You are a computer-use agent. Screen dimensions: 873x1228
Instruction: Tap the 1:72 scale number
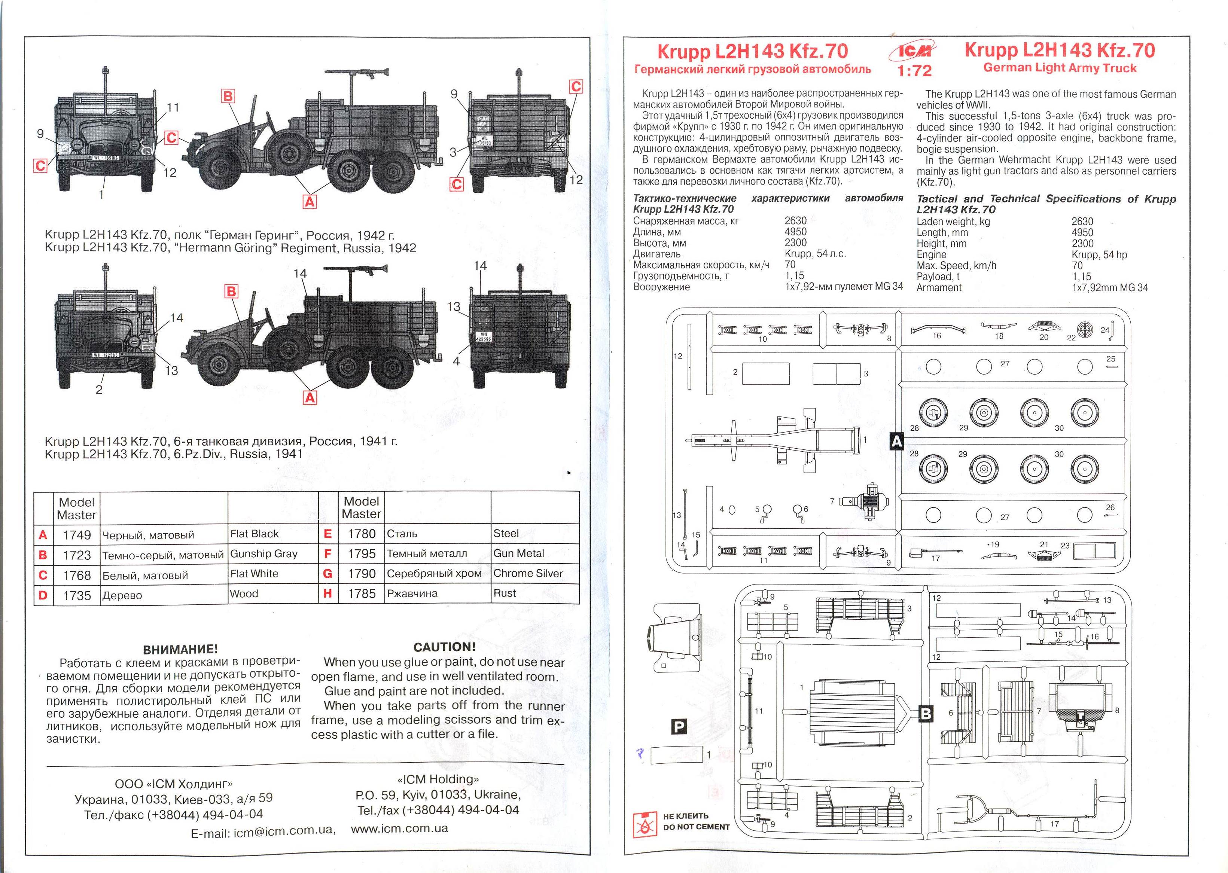914,70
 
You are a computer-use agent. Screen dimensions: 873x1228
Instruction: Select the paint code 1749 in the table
76,535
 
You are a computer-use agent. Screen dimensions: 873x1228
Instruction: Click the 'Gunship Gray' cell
263,554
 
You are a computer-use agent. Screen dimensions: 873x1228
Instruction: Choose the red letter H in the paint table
327,594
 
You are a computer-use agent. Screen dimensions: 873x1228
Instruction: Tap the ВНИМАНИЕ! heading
180,649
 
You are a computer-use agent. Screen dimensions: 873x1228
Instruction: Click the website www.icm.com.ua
399,828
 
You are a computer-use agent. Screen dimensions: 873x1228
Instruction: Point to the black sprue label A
896,441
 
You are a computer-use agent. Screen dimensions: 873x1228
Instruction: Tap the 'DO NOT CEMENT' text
696,827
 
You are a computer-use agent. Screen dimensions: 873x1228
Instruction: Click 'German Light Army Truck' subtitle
1060,68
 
